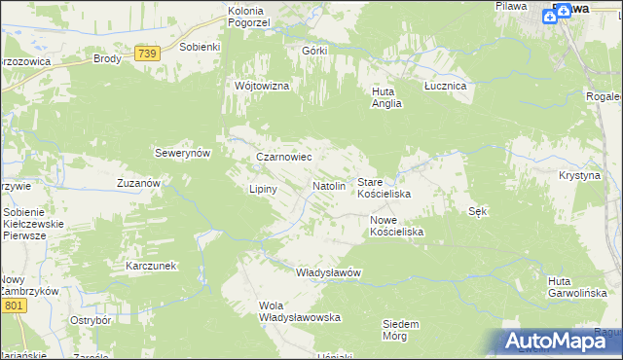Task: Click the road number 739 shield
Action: (x=147, y=54)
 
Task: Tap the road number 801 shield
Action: (x=12, y=306)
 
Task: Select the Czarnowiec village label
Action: (x=282, y=156)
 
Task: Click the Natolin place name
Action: (x=329, y=185)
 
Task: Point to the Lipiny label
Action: (x=264, y=189)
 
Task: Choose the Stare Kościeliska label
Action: (x=384, y=188)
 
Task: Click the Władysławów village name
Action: (x=328, y=272)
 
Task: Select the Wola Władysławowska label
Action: (x=298, y=311)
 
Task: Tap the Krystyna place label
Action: (x=579, y=175)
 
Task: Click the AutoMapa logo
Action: (x=559, y=341)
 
